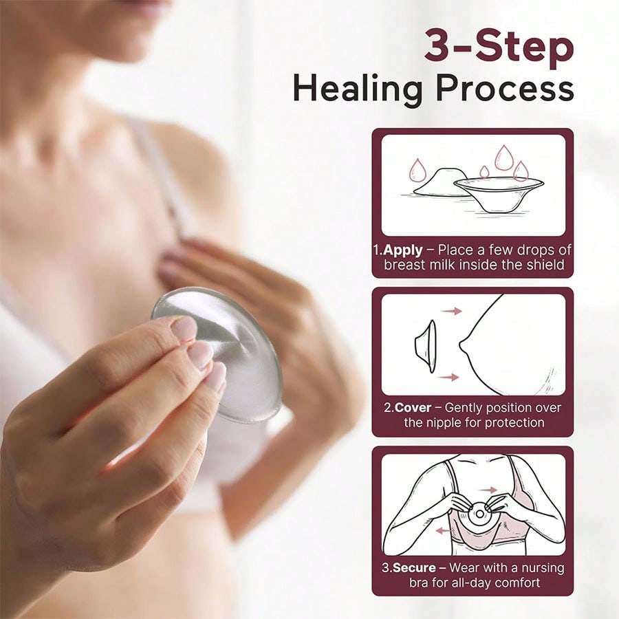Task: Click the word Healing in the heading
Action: point(358,89)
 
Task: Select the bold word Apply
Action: point(402,250)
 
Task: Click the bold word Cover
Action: point(413,407)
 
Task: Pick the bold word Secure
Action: point(415,567)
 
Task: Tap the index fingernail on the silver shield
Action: point(184,329)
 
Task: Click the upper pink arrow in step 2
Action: point(452,311)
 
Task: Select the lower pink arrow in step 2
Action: point(449,378)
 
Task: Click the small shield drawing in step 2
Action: point(426,346)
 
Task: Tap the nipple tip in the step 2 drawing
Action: point(461,346)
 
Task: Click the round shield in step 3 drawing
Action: point(479,514)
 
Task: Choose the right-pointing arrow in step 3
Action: point(488,490)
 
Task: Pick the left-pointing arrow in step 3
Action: point(444,530)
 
